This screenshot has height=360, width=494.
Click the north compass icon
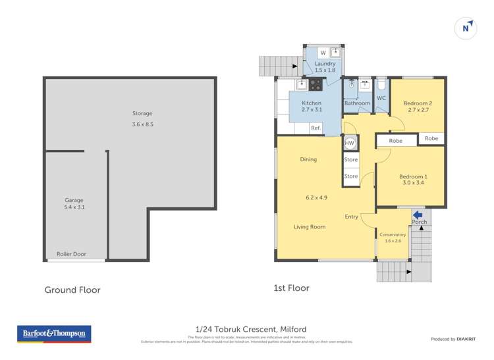click(x=466, y=28)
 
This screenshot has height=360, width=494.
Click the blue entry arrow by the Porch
click(x=418, y=214)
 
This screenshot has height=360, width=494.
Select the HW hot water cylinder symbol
click(x=350, y=143)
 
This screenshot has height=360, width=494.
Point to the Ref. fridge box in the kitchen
click(x=316, y=128)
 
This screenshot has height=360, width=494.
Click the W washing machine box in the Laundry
click(x=323, y=53)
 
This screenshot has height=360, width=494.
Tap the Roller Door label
click(x=70, y=254)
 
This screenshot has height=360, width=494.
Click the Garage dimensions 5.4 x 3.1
click(x=74, y=207)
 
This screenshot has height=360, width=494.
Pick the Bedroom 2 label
click(x=418, y=103)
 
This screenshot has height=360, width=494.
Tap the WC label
click(x=381, y=99)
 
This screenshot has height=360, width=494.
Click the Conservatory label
click(x=393, y=234)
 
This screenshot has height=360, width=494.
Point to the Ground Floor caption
click(x=72, y=290)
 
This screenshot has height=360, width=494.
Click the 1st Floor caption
click(x=291, y=288)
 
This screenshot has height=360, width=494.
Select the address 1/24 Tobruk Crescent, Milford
click(x=250, y=329)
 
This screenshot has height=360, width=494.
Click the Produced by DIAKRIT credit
click(x=453, y=339)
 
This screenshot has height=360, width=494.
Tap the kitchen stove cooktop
click(x=316, y=84)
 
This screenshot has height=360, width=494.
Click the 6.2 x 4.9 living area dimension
click(x=316, y=197)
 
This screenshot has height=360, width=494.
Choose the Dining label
click(x=308, y=159)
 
